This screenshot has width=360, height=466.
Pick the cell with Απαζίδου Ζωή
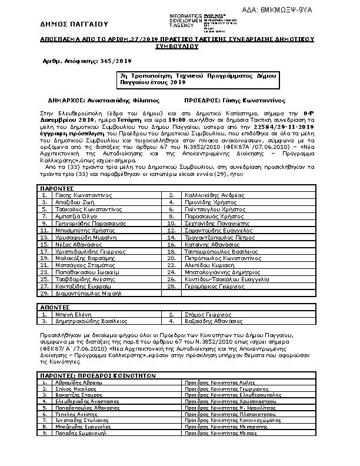pyautogui.click(x=71, y=201)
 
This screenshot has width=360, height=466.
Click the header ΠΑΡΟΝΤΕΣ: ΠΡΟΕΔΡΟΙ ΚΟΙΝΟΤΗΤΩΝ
pyautogui.click(x=98, y=374)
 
